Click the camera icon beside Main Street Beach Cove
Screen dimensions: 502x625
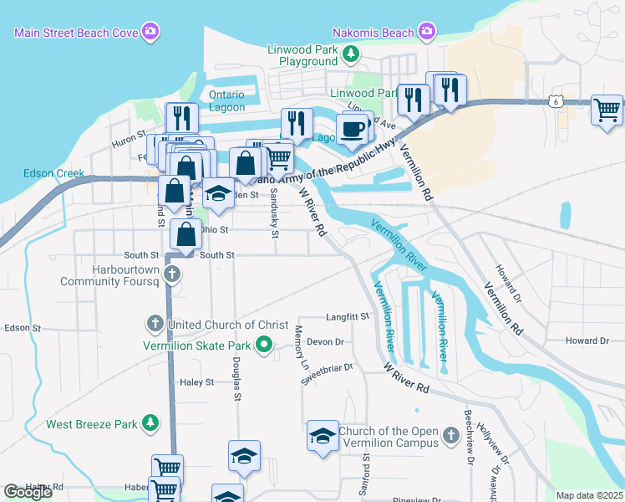151,33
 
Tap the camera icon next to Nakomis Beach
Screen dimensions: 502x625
427,33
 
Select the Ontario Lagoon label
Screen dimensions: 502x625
226,100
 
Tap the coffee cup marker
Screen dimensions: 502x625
352,129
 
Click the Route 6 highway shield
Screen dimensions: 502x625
555,101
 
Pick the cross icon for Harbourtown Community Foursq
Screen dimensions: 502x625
172,274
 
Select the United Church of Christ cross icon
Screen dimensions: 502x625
155,324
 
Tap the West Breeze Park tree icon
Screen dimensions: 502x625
150,423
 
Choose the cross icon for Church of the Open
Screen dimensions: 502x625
451,436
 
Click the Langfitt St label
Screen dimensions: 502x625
348,316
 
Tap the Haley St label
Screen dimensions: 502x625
197,382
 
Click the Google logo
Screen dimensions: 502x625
28,492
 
